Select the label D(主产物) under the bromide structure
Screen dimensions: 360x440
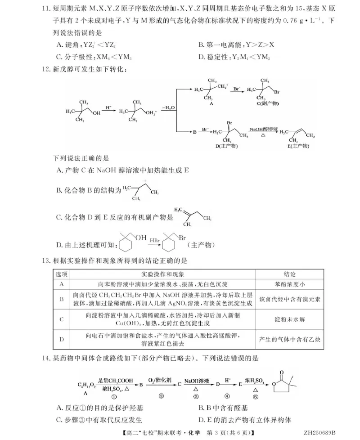(x=226, y=147)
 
